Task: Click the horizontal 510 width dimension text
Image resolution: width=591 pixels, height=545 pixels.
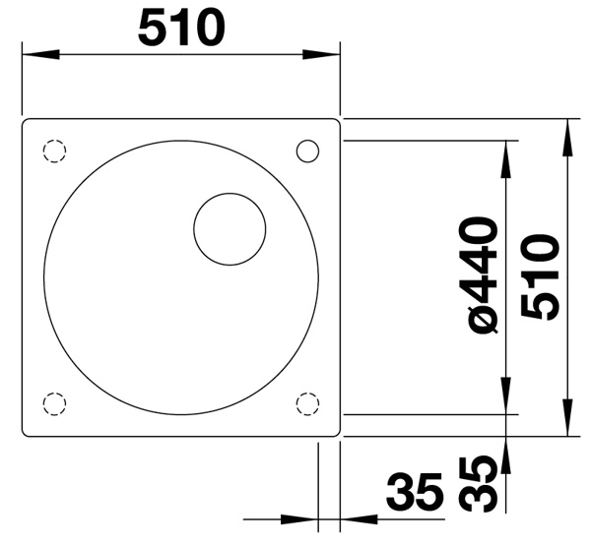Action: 181,28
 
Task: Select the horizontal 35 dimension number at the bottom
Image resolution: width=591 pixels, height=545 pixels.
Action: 414,491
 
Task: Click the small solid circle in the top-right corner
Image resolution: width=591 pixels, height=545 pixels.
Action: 307,151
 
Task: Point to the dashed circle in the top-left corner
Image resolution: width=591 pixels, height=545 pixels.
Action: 54,151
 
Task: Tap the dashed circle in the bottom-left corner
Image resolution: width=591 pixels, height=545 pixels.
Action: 54,404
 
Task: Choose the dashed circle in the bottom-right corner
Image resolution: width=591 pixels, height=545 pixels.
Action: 307,404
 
